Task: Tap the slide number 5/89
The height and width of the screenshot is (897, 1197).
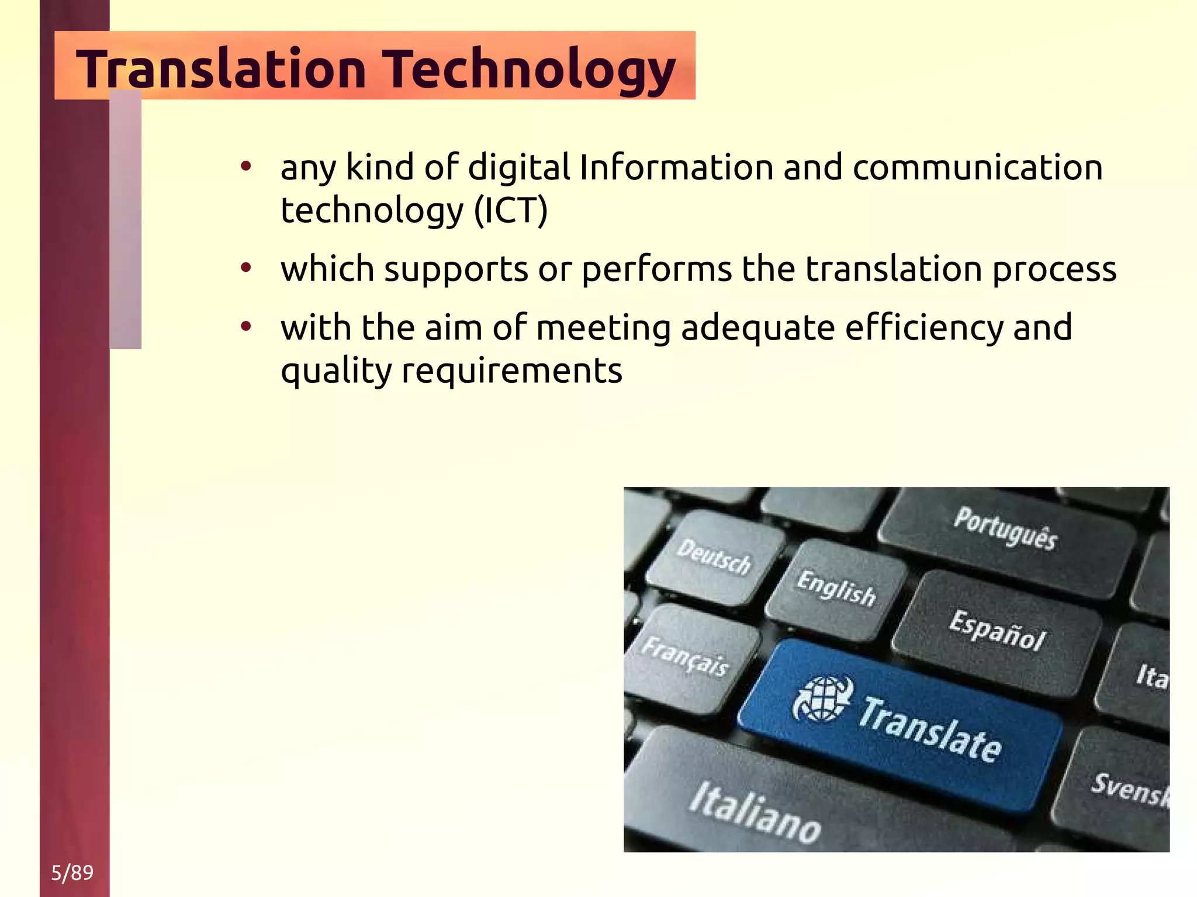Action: [x=72, y=872]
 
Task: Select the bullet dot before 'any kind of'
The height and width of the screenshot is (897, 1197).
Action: [x=246, y=167]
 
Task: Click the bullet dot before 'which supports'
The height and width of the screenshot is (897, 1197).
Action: [x=246, y=268]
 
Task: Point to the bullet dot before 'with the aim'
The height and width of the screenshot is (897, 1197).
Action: [x=246, y=327]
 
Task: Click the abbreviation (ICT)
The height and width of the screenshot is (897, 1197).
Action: [x=511, y=210]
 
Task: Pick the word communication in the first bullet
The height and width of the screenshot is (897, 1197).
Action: [x=977, y=168]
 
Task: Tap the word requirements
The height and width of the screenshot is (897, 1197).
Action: [x=511, y=370]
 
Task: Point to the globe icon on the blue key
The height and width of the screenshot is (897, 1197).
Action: [x=822, y=699]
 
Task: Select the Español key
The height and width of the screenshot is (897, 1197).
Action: [x=997, y=631]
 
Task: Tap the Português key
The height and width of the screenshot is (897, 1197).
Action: [x=1005, y=529]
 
